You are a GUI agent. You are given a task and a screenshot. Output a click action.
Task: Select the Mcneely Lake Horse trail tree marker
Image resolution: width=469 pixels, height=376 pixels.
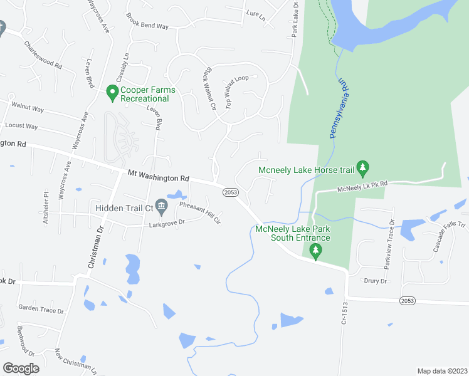(362, 167)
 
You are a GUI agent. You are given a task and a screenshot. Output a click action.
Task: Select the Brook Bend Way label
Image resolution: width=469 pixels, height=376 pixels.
(147, 22)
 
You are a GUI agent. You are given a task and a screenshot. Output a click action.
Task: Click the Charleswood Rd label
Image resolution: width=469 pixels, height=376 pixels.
(43, 55)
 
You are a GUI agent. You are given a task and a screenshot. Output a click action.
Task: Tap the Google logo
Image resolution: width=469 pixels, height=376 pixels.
(21, 368)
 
